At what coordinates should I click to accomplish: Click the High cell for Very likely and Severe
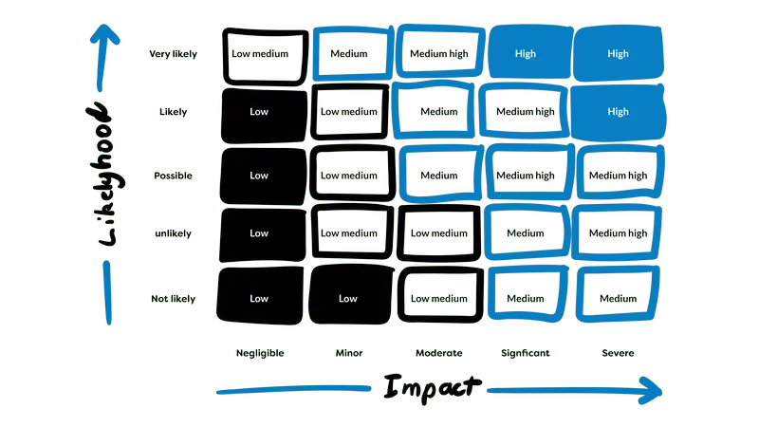pos(618,54)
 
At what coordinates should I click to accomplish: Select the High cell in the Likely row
pos(618,112)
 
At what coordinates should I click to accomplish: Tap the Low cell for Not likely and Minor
pos(348,298)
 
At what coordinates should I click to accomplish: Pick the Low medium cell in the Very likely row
pos(259,54)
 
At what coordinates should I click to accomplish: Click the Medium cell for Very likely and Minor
pos(348,54)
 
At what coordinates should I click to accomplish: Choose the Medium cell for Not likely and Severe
pos(618,298)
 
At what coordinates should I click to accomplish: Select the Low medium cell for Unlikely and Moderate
pos(438,233)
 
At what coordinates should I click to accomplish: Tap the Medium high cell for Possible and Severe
pos(618,176)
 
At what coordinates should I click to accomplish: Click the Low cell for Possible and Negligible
pos(259,176)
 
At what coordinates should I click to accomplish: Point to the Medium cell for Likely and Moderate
pos(438,112)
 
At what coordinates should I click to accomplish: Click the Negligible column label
pos(260,353)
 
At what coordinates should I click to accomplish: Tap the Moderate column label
pos(438,353)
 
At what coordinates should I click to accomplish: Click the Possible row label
pos(173,176)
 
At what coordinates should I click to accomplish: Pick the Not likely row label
pos(173,299)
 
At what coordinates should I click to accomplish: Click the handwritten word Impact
pos(432,387)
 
